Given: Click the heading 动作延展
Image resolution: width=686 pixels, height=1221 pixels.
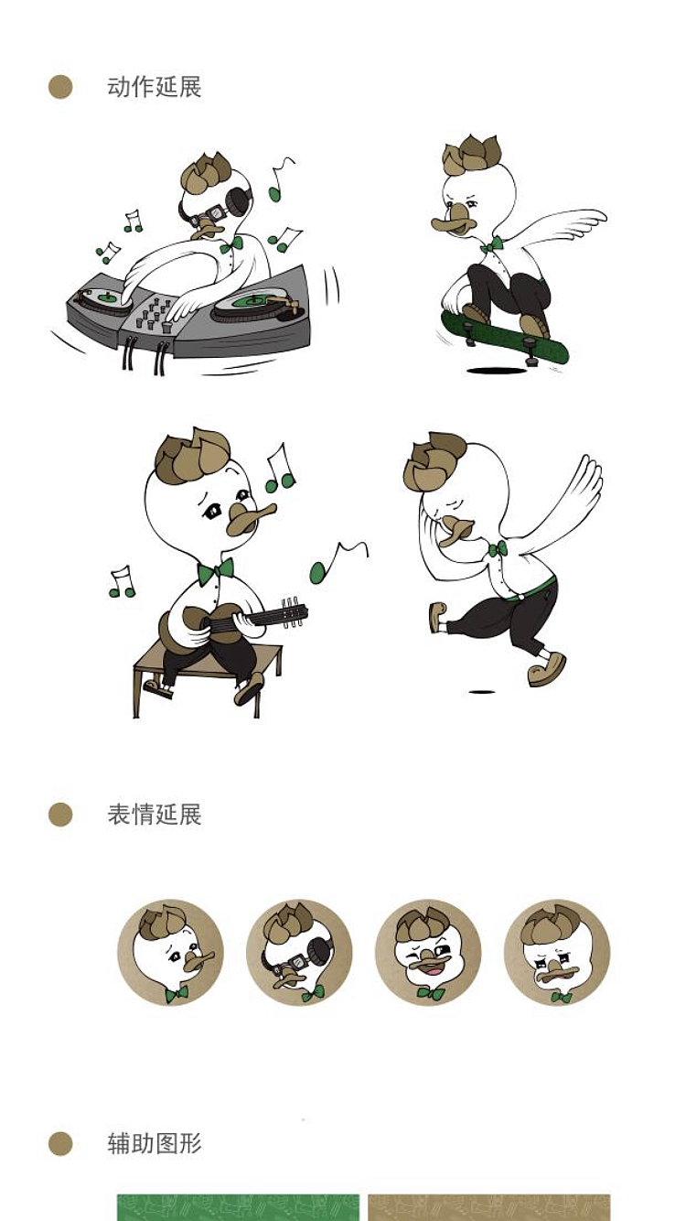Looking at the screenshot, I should pyautogui.click(x=154, y=88).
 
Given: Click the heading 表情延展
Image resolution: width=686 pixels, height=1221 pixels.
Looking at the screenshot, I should pyautogui.click(x=154, y=815).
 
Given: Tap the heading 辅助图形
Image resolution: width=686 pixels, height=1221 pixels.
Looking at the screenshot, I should pyautogui.click(x=154, y=1143).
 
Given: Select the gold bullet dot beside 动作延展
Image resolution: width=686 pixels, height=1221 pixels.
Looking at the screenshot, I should pyautogui.click(x=60, y=88).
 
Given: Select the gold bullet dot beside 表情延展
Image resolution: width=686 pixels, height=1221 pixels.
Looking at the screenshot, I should pyautogui.click(x=60, y=815).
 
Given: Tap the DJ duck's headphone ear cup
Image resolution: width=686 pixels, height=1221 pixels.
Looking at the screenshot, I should pyautogui.click(x=241, y=200).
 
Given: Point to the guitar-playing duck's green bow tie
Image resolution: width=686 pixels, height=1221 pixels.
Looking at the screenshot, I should pyautogui.click(x=216, y=570).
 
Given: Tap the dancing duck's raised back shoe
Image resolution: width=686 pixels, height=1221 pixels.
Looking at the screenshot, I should pyautogui.click(x=437, y=616).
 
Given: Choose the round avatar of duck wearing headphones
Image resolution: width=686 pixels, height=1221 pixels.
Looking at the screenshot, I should pyautogui.click(x=299, y=953).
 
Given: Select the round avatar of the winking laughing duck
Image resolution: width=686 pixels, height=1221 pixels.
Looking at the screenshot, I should pyautogui.click(x=428, y=953).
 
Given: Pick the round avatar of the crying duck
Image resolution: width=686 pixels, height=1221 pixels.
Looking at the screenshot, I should pyautogui.click(x=556, y=953).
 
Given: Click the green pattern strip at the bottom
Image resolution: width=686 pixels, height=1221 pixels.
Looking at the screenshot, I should pyautogui.click(x=238, y=1207).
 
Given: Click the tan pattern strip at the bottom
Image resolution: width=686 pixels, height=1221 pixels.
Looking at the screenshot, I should pyautogui.click(x=488, y=1207).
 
